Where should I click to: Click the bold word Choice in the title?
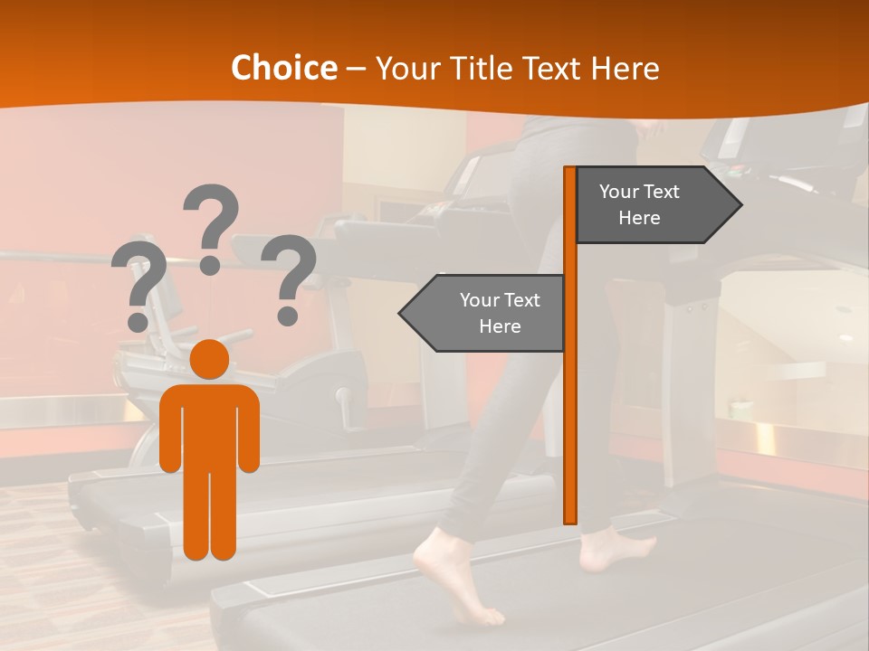tap(283, 69)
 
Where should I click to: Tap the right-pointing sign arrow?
tap(658, 205)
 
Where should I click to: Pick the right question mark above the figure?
tap(289, 278)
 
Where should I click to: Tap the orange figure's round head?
tap(210, 360)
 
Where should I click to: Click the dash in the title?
tap(356, 69)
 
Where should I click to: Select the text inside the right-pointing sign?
tap(639, 204)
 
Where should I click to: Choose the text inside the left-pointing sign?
tap(500, 313)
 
